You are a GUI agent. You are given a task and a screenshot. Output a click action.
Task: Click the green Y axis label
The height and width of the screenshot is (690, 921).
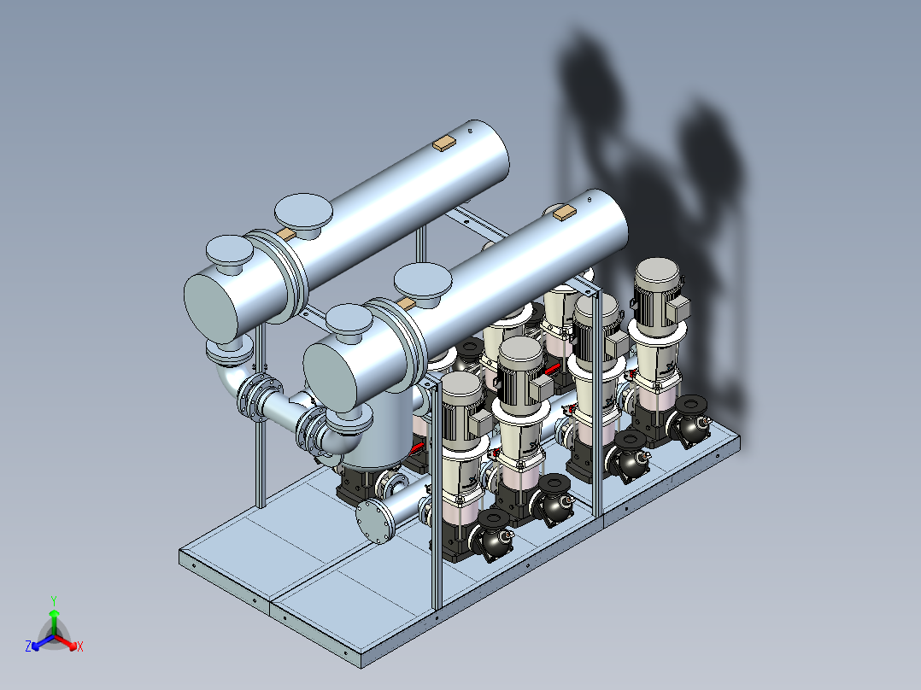pyautogui.click(x=54, y=600)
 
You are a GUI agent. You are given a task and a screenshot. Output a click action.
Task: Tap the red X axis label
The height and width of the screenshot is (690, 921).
pyautogui.click(x=80, y=646)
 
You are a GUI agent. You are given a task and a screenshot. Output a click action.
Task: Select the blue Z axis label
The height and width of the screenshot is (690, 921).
pyautogui.click(x=28, y=646)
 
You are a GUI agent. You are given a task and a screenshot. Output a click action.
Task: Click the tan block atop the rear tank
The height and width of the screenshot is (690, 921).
pyautogui.click(x=444, y=143)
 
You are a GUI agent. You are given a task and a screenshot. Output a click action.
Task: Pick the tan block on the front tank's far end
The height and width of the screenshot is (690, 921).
pyautogui.click(x=565, y=213)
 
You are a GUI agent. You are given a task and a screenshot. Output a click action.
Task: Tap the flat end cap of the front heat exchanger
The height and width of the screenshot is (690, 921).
pyautogui.click(x=331, y=376)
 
